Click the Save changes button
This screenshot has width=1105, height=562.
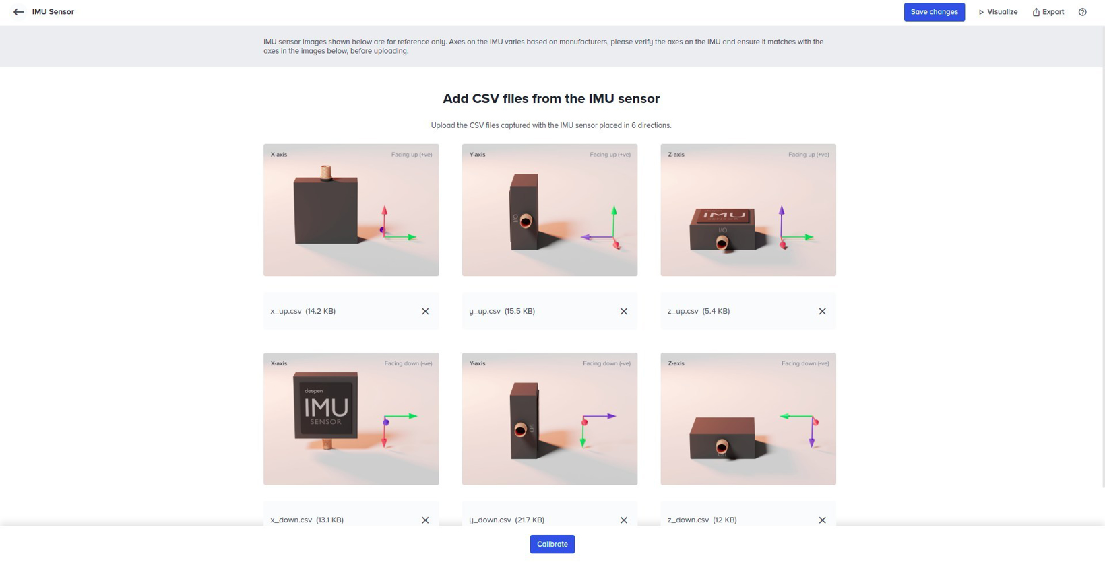point(934,12)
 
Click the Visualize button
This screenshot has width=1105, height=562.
point(998,12)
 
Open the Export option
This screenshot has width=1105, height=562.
point(1048,12)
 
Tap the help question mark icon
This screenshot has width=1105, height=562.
point(1082,12)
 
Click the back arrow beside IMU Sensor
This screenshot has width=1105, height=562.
point(18,12)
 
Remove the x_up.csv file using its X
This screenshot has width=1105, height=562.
point(425,311)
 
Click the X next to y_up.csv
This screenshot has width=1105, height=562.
point(624,311)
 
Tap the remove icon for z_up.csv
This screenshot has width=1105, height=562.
point(822,311)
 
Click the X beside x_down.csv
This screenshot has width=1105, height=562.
point(425,520)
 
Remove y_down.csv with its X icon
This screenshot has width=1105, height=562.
point(624,520)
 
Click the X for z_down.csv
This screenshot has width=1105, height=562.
point(822,520)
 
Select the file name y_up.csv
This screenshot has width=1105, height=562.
point(484,311)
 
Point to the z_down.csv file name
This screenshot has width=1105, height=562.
point(688,520)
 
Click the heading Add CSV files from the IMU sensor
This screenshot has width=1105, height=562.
point(550,99)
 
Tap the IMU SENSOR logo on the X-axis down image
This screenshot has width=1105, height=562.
point(326,408)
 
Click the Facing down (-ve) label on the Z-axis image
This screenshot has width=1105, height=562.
point(805,363)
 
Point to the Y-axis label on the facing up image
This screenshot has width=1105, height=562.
point(477,155)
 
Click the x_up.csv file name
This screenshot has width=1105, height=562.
point(286,311)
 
